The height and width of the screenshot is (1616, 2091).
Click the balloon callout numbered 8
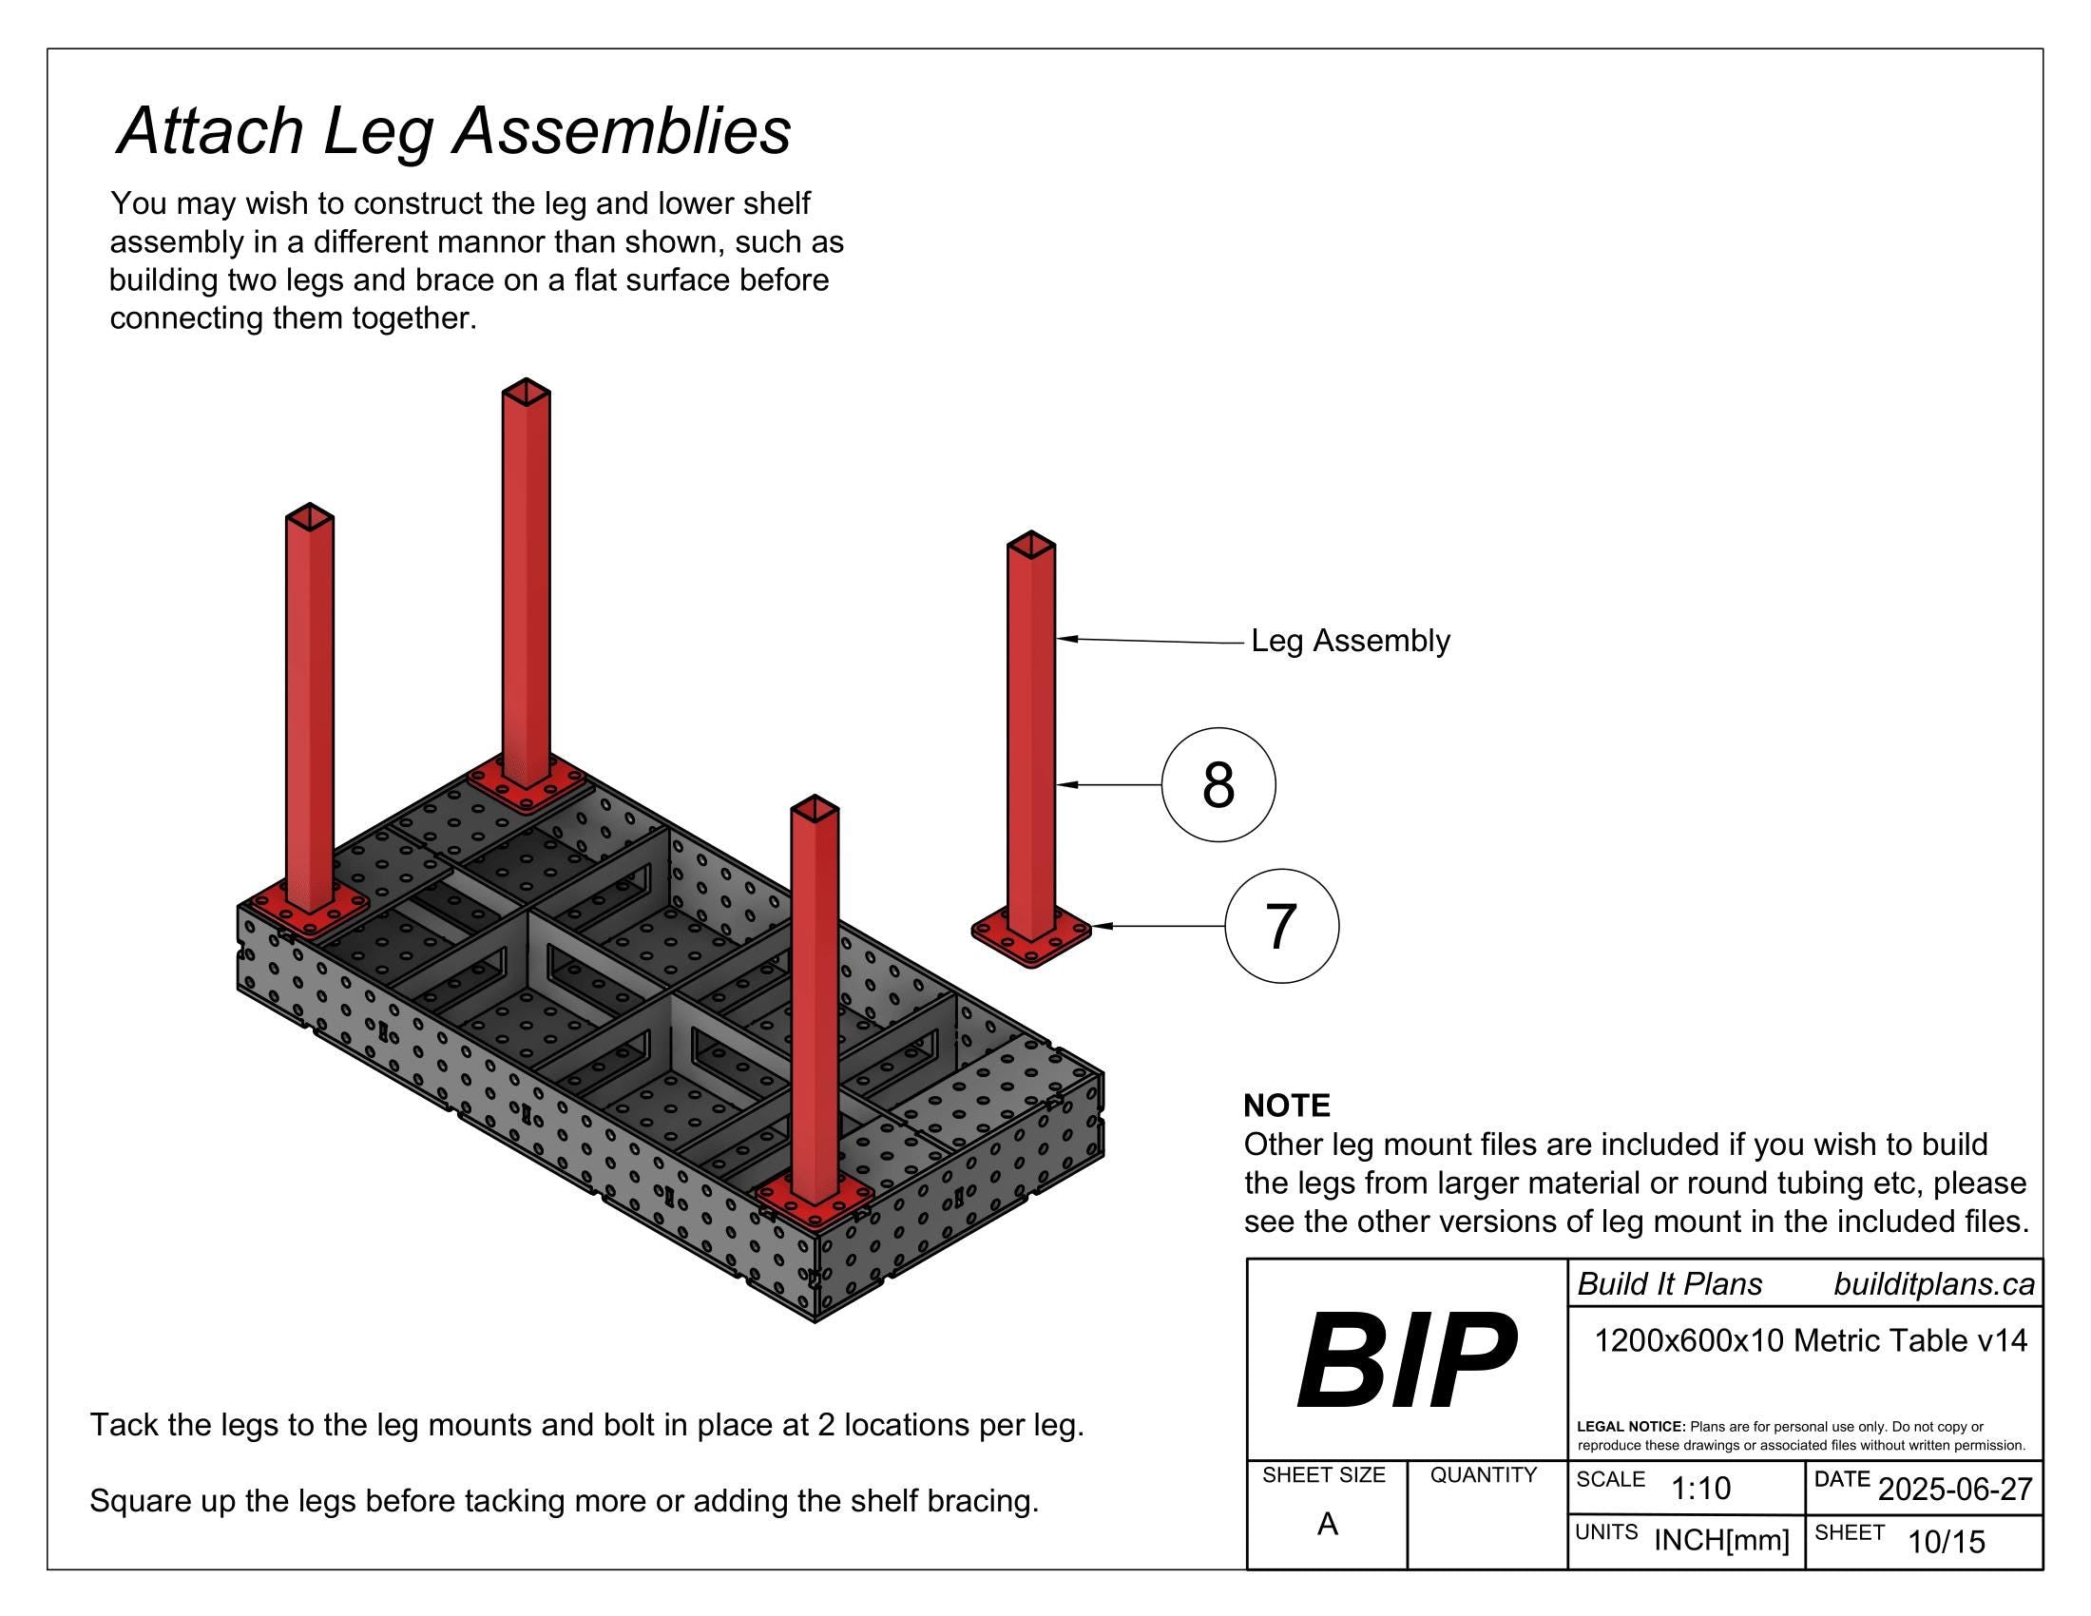click(x=1218, y=785)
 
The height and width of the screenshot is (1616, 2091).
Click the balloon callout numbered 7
click(x=1281, y=926)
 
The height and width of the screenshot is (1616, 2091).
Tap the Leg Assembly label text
click(x=1350, y=641)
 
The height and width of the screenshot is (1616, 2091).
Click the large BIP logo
click(x=1406, y=1360)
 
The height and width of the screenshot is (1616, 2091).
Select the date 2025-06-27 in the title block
click(x=1955, y=1489)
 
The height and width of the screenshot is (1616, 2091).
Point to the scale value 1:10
click(x=1700, y=1488)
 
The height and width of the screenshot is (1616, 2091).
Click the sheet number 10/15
click(x=1947, y=1541)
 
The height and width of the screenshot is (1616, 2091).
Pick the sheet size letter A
click(x=1327, y=1523)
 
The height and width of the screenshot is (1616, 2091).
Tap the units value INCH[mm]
click(x=1721, y=1539)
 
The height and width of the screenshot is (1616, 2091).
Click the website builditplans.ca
click(x=1934, y=1284)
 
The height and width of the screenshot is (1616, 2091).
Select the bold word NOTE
click(x=1286, y=1106)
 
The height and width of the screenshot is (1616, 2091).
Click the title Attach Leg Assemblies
click(x=453, y=130)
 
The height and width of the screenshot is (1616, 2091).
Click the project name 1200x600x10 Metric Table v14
click(x=1811, y=1340)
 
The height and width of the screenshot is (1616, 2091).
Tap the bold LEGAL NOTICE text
click(x=1630, y=1427)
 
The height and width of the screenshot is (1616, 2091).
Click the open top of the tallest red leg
click(x=526, y=392)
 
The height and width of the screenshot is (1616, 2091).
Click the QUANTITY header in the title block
click(x=1483, y=1475)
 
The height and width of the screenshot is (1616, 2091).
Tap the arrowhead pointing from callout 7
click(x=1101, y=926)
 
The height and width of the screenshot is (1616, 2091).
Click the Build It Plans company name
click(x=1669, y=1284)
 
